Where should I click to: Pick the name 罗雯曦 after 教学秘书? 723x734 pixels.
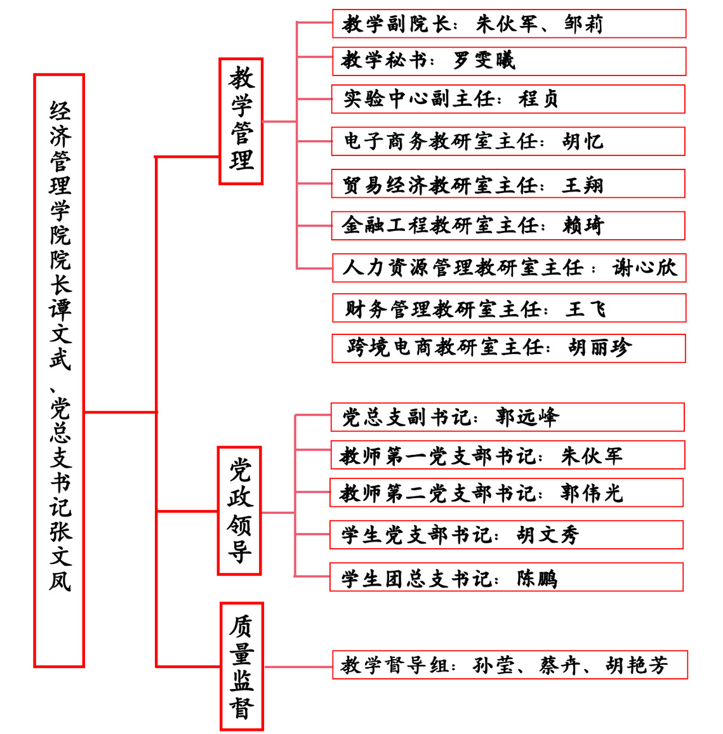[x=484, y=60]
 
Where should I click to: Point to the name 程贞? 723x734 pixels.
[x=538, y=99]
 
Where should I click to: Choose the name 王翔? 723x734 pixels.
[x=582, y=185]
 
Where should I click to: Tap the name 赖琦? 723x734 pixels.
[x=583, y=226]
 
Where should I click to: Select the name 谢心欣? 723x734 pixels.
[x=644, y=268]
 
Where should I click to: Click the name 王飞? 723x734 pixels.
[x=586, y=310]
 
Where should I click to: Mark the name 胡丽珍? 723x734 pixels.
[x=600, y=348]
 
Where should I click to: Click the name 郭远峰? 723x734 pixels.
[x=527, y=417]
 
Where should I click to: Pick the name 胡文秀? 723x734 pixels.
[x=548, y=535]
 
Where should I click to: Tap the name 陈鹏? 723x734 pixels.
[x=537, y=579]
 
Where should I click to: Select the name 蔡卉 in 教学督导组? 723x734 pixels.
[x=559, y=665]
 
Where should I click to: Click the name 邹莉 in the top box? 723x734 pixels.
[x=583, y=24]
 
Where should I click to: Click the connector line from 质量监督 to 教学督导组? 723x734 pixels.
[x=298, y=667]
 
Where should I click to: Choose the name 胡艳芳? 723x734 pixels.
[x=637, y=665]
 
